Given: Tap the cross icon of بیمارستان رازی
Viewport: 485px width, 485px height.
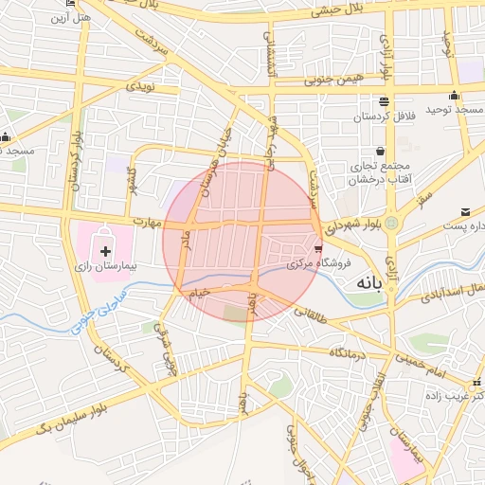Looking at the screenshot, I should tap(105, 252).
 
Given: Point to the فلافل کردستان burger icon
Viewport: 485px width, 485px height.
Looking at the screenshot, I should tap(383, 102).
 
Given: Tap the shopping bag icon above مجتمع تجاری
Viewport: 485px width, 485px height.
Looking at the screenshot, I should tap(380, 151).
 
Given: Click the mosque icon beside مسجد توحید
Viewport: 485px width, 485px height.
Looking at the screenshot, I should tap(456, 95).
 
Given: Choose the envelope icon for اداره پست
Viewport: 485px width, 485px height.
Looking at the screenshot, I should tap(465, 211).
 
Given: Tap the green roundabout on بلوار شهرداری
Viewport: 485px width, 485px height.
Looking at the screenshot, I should tap(389, 224).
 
